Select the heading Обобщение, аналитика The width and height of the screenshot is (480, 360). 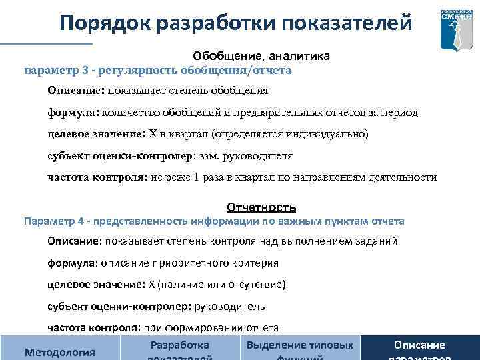[x=261, y=57]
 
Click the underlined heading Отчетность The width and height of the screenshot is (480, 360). [x=261, y=207]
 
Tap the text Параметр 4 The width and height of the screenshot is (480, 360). [x=53, y=221]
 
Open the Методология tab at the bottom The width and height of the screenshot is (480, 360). [x=59, y=351]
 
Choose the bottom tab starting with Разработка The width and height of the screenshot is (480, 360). [x=180, y=345]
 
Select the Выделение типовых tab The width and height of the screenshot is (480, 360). [x=300, y=345]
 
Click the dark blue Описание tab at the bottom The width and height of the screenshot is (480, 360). [x=419, y=345]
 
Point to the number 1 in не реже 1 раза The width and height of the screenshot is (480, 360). [x=196, y=177]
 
